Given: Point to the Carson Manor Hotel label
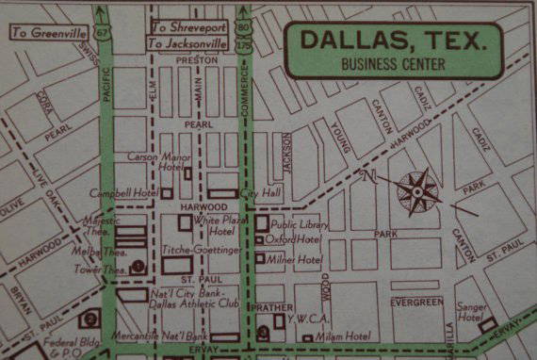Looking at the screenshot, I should point(155,162).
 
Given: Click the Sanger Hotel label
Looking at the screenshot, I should point(470,312).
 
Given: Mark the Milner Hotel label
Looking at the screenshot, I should point(294,258).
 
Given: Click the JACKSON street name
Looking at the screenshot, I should point(286,154).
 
